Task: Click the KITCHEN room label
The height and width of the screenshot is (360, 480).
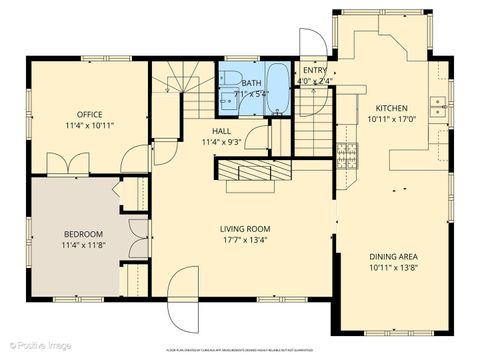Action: click(391, 108)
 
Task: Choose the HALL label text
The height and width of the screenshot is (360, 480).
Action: click(223, 131)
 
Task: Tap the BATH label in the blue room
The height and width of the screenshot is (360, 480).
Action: click(251, 84)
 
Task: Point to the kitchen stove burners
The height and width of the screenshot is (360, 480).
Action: click(347, 154)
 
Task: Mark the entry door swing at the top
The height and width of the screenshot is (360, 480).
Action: click(313, 42)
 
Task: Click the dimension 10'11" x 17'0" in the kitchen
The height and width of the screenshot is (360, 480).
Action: click(391, 119)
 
